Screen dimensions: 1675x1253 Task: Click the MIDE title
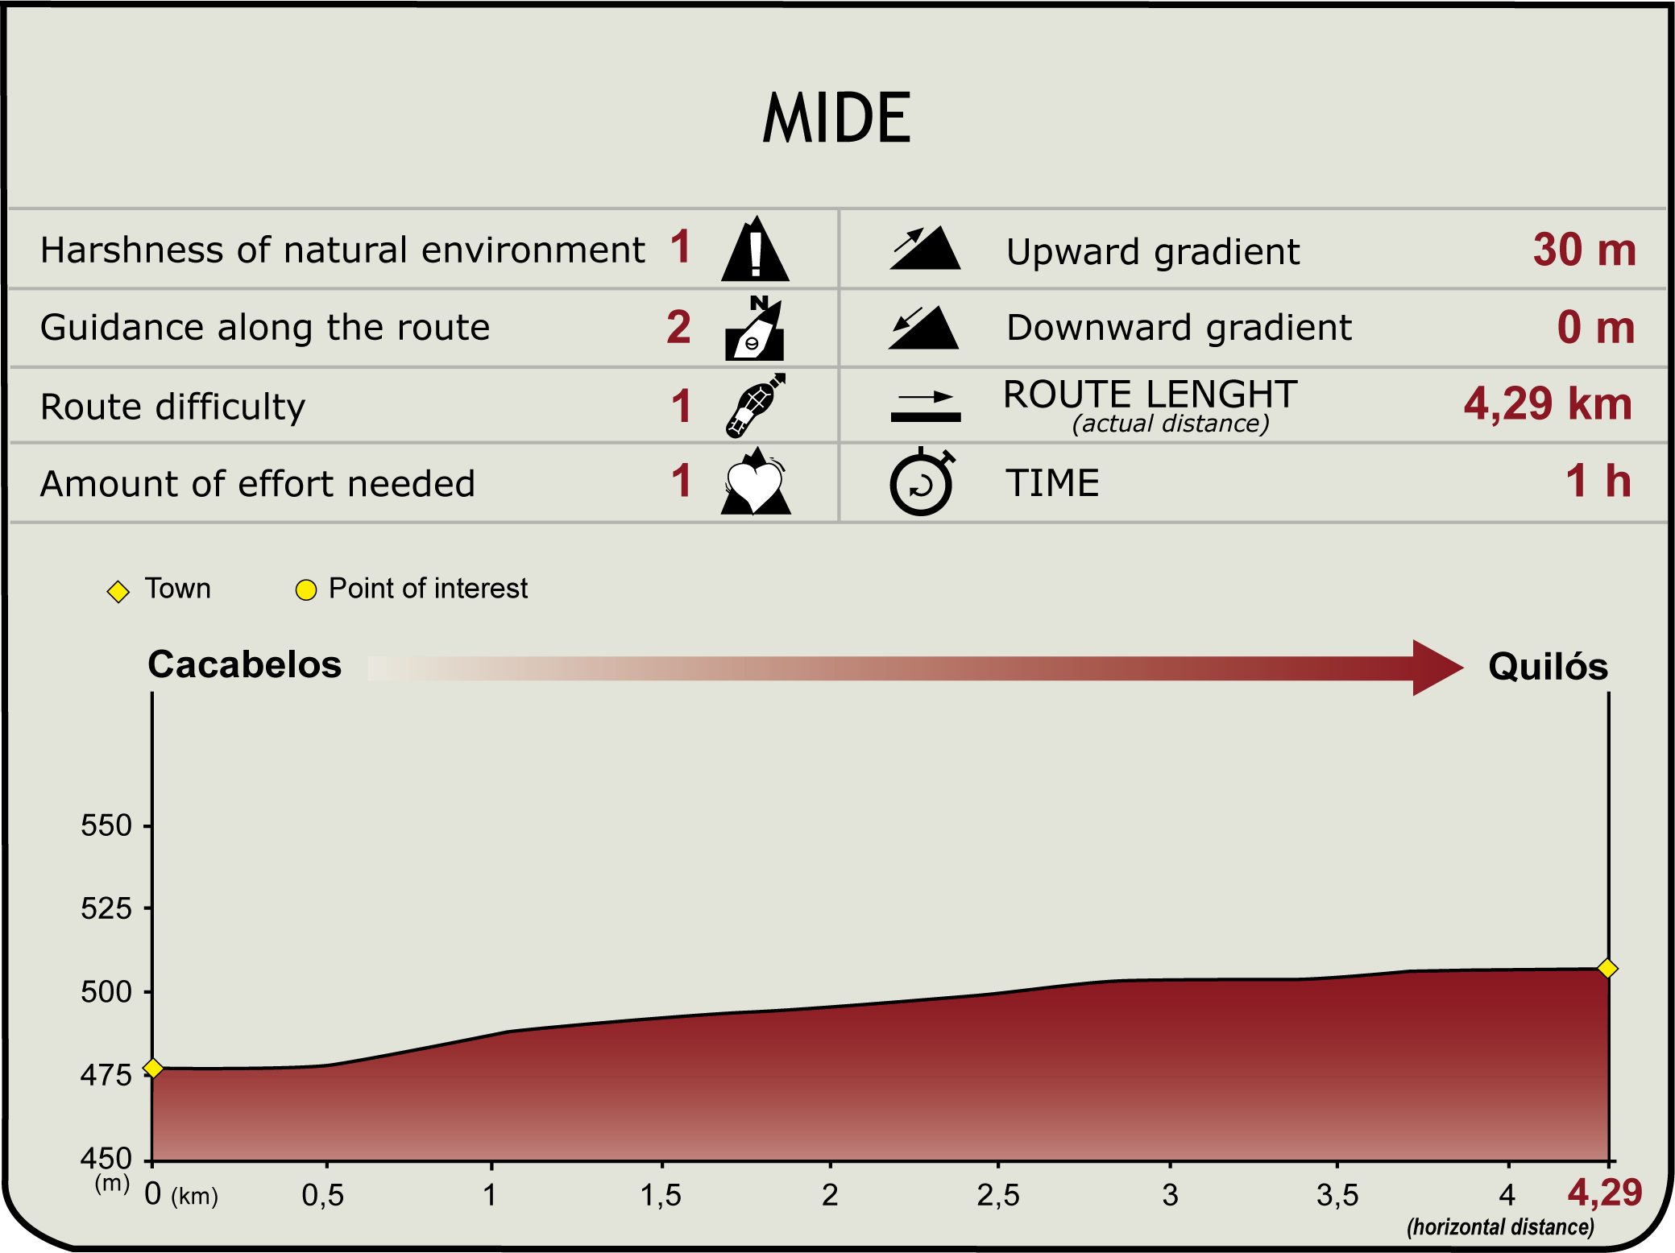[x=836, y=118]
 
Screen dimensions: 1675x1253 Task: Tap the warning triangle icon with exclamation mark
[x=755, y=249]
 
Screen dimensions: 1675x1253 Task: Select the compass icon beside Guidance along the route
[x=755, y=328]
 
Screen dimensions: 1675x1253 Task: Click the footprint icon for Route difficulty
[x=755, y=405]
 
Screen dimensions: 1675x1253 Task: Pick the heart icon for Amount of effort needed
[x=755, y=482]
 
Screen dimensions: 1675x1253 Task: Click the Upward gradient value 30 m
[x=1584, y=250]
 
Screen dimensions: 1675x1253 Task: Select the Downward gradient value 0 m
[x=1595, y=328]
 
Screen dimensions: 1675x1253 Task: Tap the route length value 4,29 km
[x=1548, y=403]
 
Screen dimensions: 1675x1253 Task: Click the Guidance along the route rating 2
[x=678, y=327]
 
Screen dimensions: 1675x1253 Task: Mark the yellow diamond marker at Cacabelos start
[x=153, y=1069]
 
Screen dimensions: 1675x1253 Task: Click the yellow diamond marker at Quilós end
[x=1607, y=969]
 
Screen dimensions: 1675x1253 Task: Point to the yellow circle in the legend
[x=306, y=590]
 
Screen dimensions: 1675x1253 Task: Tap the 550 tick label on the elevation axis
[x=106, y=825]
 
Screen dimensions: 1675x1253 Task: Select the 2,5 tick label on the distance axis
[x=998, y=1196]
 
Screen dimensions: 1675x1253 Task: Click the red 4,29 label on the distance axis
[x=1605, y=1193]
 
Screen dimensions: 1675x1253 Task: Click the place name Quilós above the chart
[x=1548, y=667]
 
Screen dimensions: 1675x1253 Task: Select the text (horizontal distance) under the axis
[x=1501, y=1227]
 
